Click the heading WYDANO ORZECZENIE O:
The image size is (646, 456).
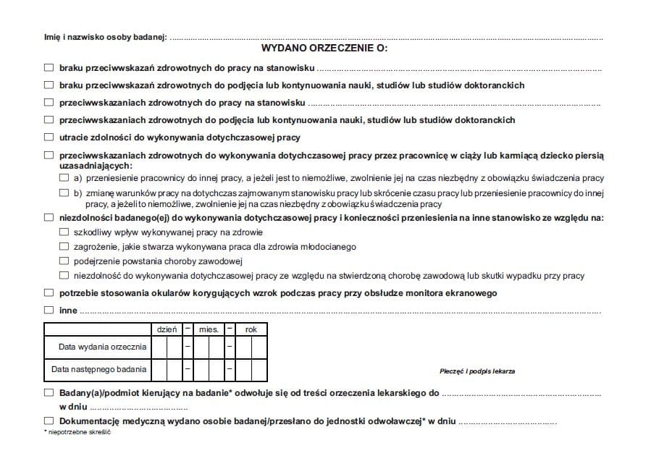click(x=324, y=49)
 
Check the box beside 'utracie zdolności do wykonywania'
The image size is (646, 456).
click(x=49, y=138)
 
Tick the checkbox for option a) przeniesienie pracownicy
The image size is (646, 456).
click(x=64, y=178)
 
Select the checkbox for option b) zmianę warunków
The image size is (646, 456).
click(x=64, y=193)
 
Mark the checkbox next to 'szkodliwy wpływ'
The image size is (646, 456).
click(x=64, y=233)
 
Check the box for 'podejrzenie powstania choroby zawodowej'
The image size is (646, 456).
click(x=64, y=261)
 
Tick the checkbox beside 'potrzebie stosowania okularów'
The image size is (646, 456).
click(x=49, y=293)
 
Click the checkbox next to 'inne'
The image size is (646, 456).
click(x=49, y=311)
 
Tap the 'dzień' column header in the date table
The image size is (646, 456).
click(x=167, y=329)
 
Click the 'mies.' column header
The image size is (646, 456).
click(x=209, y=329)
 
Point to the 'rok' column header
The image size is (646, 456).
click(x=251, y=329)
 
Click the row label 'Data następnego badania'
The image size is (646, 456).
click(x=99, y=369)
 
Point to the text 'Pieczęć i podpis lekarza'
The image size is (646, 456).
click(x=477, y=371)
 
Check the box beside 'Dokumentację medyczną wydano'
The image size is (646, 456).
click(x=49, y=421)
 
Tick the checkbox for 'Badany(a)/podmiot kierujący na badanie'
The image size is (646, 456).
click(x=49, y=393)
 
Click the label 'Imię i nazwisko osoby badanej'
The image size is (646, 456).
click(x=105, y=36)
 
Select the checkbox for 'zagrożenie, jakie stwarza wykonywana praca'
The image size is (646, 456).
click(x=64, y=247)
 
